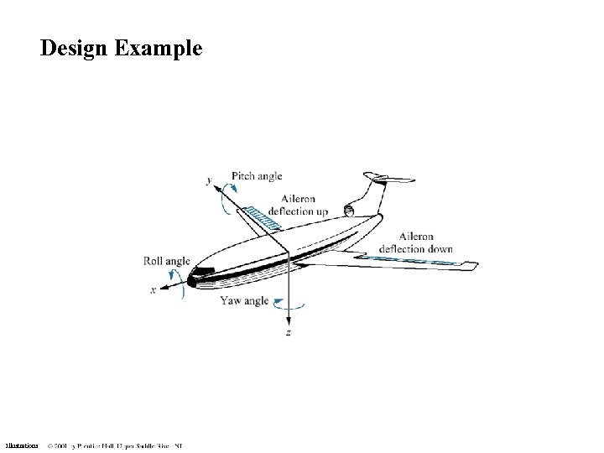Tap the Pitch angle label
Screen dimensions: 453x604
[257, 176]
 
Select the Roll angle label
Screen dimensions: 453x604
[166, 262]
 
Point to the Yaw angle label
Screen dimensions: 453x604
[244, 300]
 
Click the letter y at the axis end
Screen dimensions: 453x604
[208, 179]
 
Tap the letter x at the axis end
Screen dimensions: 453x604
[153, 290]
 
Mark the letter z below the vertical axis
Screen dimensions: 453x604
[289, 332]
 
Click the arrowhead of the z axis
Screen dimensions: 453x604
[289, 320]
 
